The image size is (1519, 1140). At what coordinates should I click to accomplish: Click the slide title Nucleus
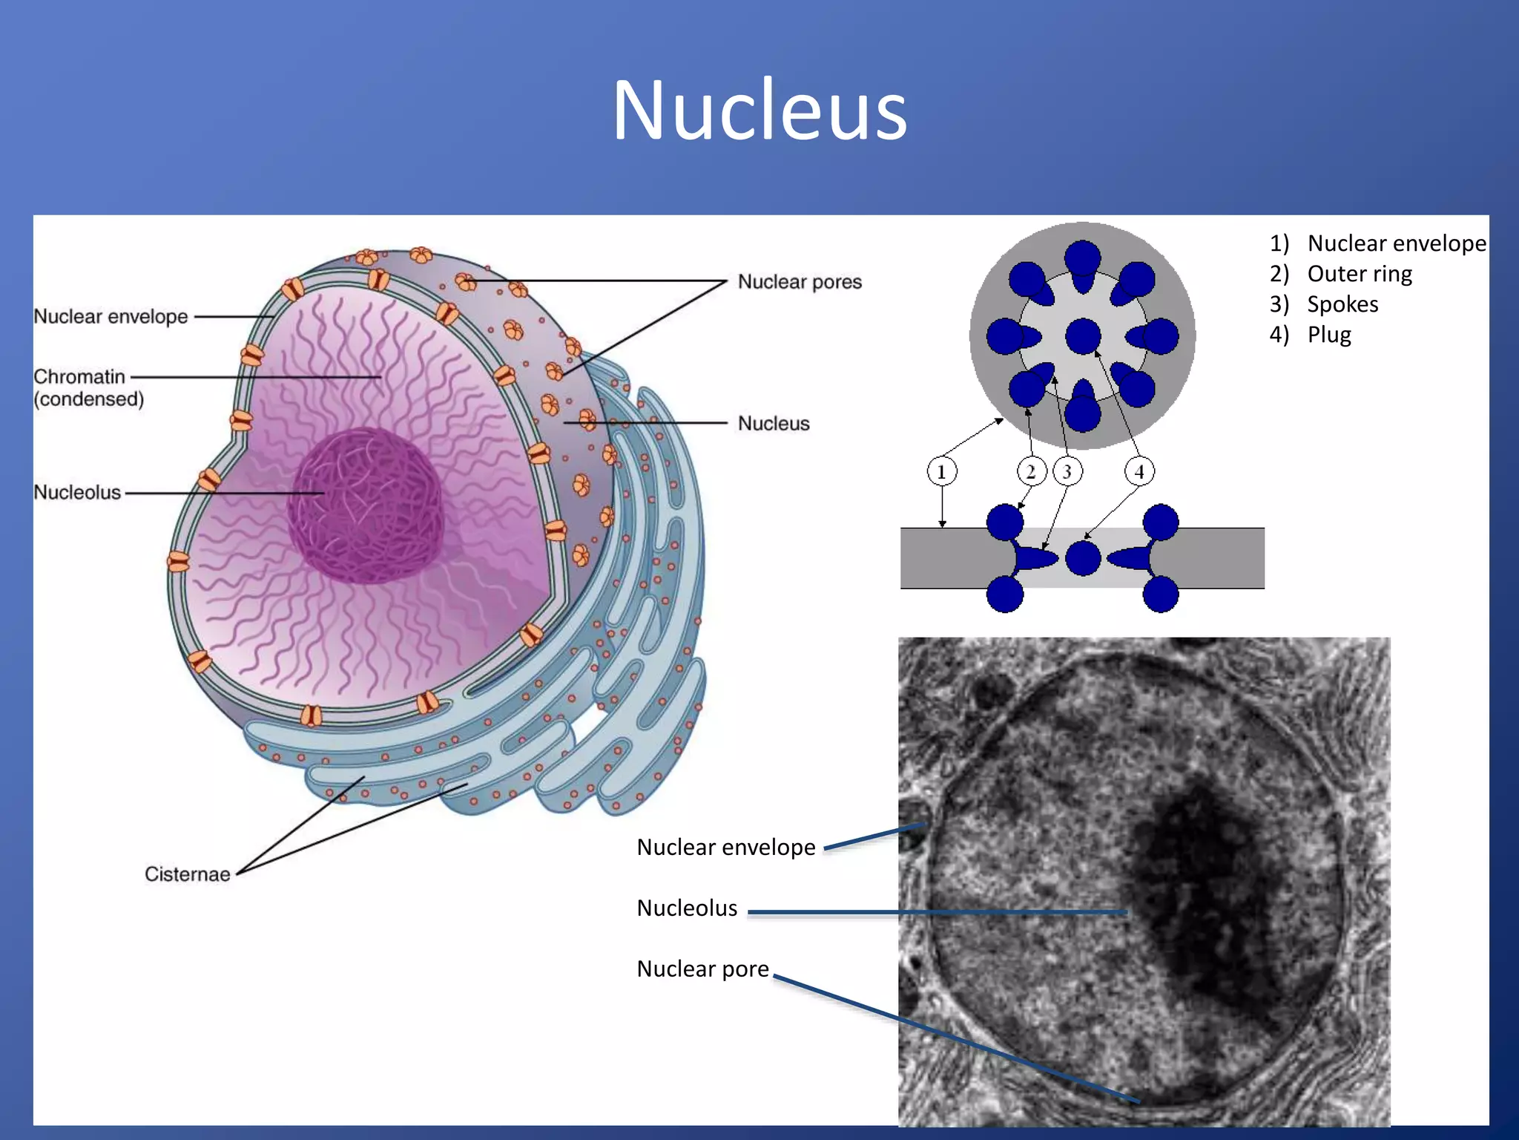click(759, 111)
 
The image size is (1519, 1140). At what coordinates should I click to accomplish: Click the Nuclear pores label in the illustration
click(800, 282)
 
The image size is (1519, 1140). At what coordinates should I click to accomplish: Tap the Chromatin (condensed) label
click(88, 387)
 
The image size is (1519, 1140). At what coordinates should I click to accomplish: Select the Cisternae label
click(187, 874)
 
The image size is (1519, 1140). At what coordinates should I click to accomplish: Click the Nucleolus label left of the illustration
click(77, 492)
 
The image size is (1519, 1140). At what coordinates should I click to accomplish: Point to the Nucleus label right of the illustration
click(774, 423)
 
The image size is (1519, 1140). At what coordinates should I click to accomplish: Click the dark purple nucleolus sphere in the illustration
click(366, 505)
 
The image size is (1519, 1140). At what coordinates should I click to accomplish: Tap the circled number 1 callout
click(942, 471)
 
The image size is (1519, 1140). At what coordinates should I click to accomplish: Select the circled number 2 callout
click(1030, 471)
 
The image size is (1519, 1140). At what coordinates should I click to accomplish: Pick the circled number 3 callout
click(1067, 471)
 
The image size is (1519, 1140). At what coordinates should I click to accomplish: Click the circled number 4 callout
click(1139, 471)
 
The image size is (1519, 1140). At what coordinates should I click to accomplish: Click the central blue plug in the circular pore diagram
click(1083, 336)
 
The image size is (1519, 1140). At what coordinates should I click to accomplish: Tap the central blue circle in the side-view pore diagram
click(1083, 558)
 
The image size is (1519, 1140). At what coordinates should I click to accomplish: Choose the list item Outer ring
click(1359, 274)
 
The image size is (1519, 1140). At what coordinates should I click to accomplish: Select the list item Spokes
click(1342, 304)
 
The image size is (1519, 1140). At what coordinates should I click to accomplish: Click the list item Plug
click(1329, 335)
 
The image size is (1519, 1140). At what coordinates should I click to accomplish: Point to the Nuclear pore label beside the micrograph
click(702, 969)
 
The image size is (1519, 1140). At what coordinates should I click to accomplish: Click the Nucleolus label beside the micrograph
click(687, 908)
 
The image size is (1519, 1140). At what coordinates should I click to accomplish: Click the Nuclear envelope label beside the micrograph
click(725, 847)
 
